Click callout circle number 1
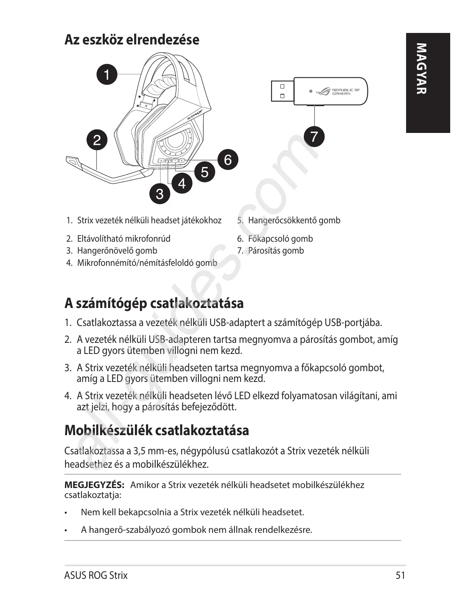click(107, 74)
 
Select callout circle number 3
click(159, 194)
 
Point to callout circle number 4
click(182, 183)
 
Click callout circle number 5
click(205, 172)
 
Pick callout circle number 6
click(228, 159)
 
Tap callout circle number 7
click(314, 136)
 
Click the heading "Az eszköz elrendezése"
click(132, 39)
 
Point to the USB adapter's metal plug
click(282, 91)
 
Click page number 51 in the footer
click(400, 575)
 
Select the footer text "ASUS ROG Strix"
click(96, 575)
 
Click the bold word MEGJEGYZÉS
click(94, 485)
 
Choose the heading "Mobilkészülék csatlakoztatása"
click(157, 430)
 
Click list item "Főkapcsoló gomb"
click(280, 239)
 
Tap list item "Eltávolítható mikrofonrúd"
click(124, 239)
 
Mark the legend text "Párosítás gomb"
click(276, 251)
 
